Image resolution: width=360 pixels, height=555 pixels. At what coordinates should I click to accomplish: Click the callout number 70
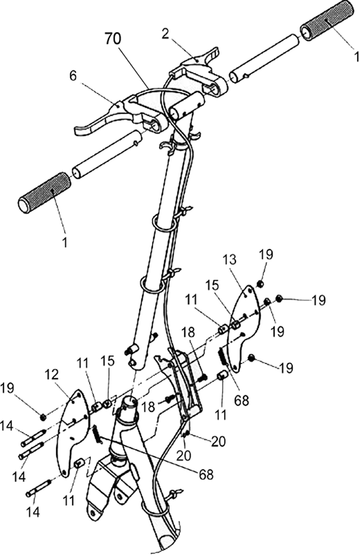tap(113, 39)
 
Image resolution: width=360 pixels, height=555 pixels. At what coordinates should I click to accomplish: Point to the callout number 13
tap(229, 260)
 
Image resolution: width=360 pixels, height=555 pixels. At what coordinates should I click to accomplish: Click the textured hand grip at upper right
tap(326, 21)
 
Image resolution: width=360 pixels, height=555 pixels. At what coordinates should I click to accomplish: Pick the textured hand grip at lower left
tap(45, 193)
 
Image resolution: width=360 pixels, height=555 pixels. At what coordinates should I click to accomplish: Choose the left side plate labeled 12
tap(73, 432)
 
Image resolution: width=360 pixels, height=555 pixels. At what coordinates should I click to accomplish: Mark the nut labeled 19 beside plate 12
tap(43, 417)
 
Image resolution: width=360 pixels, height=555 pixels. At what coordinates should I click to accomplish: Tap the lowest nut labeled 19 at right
tap(251, 357)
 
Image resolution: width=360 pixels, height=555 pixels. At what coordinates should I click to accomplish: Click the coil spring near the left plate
tap(96, 435)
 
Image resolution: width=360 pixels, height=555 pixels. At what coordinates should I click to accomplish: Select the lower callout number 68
tap(206, 474)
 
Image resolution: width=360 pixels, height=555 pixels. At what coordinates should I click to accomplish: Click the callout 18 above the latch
tap(189, 333)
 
